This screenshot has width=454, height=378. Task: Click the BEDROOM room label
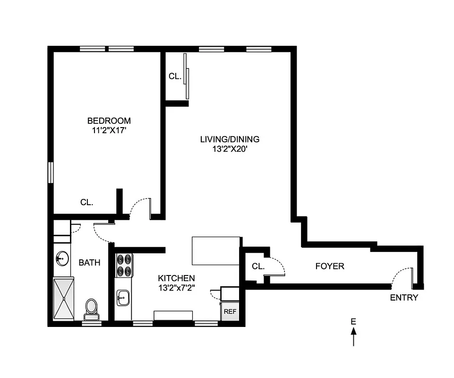[x=109, y=121]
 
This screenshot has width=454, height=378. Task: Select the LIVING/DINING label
[x=230, y=139]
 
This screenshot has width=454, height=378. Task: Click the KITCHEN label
[x=176, y=278]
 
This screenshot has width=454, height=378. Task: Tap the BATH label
[x=89, y=262]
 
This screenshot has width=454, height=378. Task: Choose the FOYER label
[x=329, y=266]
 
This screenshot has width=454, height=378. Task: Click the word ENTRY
[x=403, y=298]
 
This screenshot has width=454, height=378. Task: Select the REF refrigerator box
[x=230, y=312]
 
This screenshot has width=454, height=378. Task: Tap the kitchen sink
[x=123, y=298]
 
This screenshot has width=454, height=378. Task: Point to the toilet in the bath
[x=91, y=308]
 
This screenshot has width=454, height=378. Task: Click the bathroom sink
[x=61, y=258]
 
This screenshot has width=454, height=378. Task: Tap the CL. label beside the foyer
[x=258, y=266]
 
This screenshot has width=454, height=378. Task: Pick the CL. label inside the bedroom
[x=86, y=202]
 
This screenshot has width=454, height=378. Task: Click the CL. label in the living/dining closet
[x=175, y=76]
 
